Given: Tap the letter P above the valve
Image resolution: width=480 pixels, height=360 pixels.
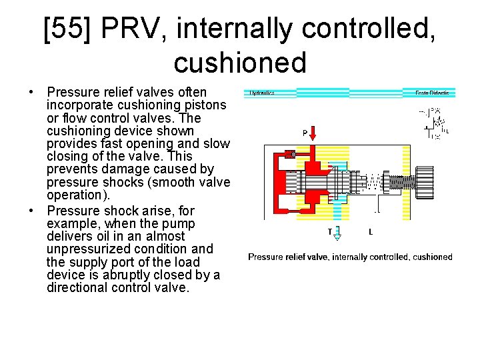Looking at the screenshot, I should point(305,133).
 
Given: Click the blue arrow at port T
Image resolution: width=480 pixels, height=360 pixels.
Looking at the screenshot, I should point(337,233).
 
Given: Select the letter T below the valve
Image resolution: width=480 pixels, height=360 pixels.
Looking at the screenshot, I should point(329,233).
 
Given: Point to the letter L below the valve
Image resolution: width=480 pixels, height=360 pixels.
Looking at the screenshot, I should point(371,233).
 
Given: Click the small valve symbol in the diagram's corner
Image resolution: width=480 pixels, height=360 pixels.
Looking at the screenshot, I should point(437,123).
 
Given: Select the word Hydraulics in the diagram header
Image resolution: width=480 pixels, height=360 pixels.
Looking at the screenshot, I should point(263,93).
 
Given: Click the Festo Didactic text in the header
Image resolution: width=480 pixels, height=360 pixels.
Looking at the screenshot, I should point(431,93).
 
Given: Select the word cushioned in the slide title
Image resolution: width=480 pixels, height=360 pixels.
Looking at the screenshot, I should point(240,62).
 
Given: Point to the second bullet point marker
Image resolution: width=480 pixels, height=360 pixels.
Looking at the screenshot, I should point(33,210).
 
